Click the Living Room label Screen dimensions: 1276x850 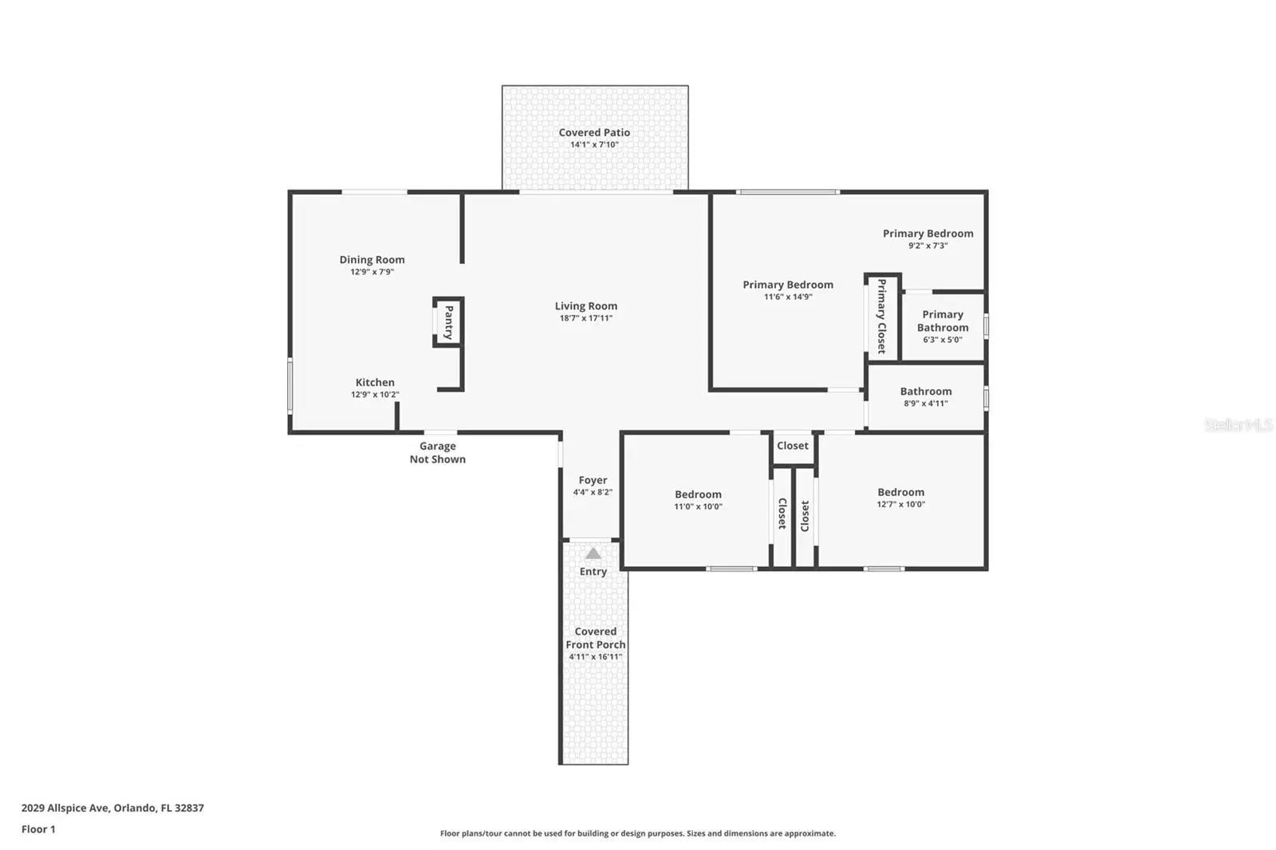coord(586,306)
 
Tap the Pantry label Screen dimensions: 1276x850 coord(449,322)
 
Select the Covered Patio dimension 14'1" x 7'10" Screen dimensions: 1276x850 coord(595,144)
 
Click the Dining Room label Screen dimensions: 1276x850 coord(372,260)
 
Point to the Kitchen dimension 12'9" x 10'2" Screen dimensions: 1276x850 coord(375,394)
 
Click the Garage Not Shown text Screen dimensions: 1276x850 coord(438,452)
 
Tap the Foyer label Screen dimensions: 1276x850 coord(593,480)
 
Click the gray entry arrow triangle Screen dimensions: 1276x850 coord(593,553)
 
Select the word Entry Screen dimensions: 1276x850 coord(593,572)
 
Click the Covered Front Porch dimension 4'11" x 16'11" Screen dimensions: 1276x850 coord(595,657)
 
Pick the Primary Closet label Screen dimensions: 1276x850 coord(882,317)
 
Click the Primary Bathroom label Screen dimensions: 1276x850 coord(943,321)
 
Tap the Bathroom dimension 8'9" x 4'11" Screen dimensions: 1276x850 coord(926,403)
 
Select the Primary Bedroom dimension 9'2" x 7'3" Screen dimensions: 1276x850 coord(928,246)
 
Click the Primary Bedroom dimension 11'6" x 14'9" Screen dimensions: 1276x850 coord(788,297)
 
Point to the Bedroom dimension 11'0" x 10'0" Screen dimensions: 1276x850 coord(699,506)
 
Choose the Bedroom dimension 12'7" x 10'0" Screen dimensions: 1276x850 coord(900,504)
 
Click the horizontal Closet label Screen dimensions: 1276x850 coord(793,446)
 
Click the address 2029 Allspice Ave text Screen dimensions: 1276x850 coord(65,808)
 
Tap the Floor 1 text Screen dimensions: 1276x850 coord(39,829)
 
